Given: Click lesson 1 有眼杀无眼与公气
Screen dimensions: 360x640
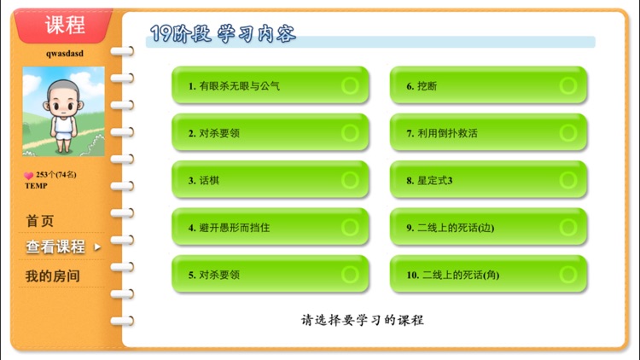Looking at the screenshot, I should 270,85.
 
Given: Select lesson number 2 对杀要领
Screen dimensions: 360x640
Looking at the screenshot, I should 270,132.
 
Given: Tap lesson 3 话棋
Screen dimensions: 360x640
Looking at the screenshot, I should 270,180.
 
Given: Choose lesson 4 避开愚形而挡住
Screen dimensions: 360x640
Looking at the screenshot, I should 270,227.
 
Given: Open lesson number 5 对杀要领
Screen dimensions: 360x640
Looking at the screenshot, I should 270,275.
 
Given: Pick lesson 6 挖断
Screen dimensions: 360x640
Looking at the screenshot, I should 488,85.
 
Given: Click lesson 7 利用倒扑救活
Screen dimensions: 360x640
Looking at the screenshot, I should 488,132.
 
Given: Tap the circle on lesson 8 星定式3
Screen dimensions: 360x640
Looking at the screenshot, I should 567,180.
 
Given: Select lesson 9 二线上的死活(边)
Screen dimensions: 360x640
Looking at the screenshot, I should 488,227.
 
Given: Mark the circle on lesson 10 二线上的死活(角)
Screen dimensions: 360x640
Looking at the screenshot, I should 567,275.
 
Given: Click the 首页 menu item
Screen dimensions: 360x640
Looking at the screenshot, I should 40,221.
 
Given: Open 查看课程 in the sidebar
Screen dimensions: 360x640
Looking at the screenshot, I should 56,247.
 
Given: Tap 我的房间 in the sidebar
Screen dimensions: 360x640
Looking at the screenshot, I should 52,276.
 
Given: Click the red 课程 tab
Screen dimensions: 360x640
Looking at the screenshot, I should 65,25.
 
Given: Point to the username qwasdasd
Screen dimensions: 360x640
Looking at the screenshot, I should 65,53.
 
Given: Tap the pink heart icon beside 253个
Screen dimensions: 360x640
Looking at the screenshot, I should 28,176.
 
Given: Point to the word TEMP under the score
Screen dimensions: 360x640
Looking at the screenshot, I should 36,185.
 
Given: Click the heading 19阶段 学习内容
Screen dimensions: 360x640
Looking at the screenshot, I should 223,34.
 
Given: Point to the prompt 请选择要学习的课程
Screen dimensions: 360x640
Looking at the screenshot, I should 362,321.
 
